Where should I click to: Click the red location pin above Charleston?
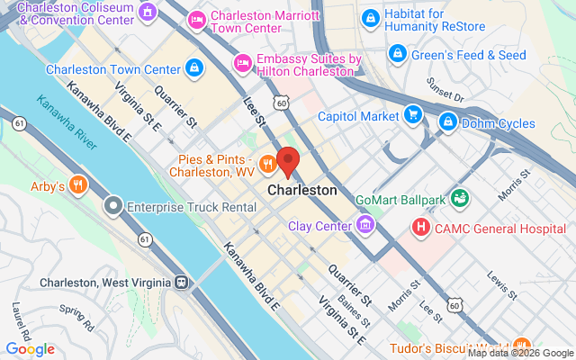click(288, 161)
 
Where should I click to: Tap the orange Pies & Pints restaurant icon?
click(267, 165)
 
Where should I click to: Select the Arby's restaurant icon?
click(78, 186)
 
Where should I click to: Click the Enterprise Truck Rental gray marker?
click(113, 207)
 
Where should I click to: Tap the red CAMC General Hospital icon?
click(419, 229)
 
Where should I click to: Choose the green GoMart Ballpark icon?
click(460, 196)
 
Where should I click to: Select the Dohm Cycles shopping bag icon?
click(446, 121)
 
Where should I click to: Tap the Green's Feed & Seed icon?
click(396, 55)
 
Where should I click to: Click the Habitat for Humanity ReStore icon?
click(369, 18)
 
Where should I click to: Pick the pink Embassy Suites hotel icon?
click(241, 63)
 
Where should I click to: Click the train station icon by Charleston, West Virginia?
click(182, 283)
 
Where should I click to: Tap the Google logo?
click(30, 349)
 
